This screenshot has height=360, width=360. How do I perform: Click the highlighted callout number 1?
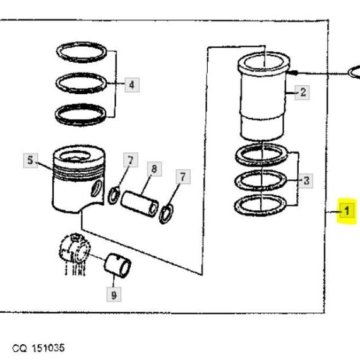tap(347, 210)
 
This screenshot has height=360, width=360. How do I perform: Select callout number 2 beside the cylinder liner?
tap(303, 92)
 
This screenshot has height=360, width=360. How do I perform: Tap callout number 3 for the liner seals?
tap(306, 181)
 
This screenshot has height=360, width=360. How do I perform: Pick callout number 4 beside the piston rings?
tap(132, 85)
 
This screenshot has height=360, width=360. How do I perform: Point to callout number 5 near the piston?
tap(30, 160)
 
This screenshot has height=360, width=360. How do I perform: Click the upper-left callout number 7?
tap(131, 160)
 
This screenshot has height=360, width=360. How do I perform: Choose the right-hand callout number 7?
tap(183, 177)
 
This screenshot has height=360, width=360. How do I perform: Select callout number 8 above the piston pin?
tap(155, 169)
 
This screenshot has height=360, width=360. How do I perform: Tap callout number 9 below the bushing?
tap(114, 294)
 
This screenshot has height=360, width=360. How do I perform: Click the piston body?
tap(78, 179)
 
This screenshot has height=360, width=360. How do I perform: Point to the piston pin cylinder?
tap(140, 203)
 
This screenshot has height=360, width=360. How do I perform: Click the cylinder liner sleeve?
tap(263, 97)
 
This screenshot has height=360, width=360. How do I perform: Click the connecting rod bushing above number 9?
tap(117, 265)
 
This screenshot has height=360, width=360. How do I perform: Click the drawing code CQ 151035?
tap(39, 348)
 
